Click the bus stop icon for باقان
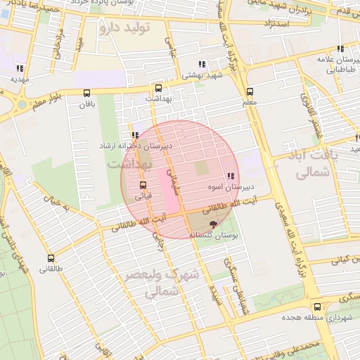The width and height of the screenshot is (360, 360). pyautogui.click(x=86, y=93)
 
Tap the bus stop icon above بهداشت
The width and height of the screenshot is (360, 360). pyautogui.click(x=158, y=89)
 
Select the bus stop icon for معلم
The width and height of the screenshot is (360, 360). pyautogui.click(x=250, y=91)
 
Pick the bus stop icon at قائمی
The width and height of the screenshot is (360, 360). pyautogui.click(x=143, y=185)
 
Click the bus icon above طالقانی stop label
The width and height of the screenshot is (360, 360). pyautogui.click(x=51, y=258)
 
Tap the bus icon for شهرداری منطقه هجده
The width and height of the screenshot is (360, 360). pyautogui.click(x=318, y=307)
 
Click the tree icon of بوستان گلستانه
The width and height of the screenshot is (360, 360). pyautogui.click(x=214, y=223)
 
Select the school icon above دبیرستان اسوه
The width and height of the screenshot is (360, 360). pyautogui.click(x=230, y=176)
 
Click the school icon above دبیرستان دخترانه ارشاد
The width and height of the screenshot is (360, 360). pyautogui.click(x=134, y=135)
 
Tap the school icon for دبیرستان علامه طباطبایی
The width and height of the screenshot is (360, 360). pyautogui.click(x=340, y=49)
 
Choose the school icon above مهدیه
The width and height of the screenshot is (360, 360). pyautogui.click(x=19, y=68)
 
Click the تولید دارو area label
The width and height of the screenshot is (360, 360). pyautogui.click(x=127, y=28)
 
